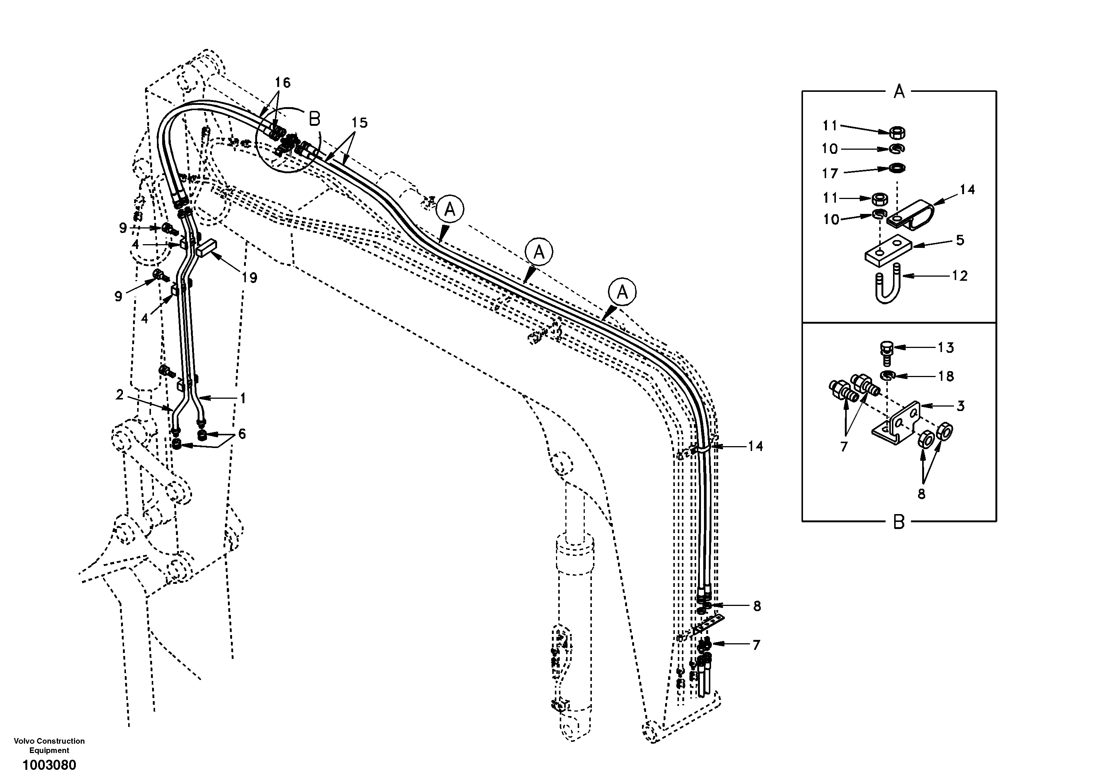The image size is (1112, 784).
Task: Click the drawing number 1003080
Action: click(x=49, y=765)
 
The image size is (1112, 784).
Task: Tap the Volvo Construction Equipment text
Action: click(x=49, y=745)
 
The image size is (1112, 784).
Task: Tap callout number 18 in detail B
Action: click(x=946, y=376)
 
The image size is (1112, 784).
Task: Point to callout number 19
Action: click(x=250, y=277)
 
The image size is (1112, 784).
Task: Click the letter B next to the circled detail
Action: click(x=315, y=119)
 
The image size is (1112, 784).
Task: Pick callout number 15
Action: click(x=359, y=123)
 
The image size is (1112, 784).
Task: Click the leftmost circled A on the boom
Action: click(x=450, y=209)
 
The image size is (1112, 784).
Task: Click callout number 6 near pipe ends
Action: click(x=242, y=433)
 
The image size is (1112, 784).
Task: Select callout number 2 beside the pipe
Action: click(x=120, y=395)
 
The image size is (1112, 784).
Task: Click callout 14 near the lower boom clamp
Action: click(x=756, y=446)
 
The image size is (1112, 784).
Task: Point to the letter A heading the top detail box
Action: click(x=899, y=91)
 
